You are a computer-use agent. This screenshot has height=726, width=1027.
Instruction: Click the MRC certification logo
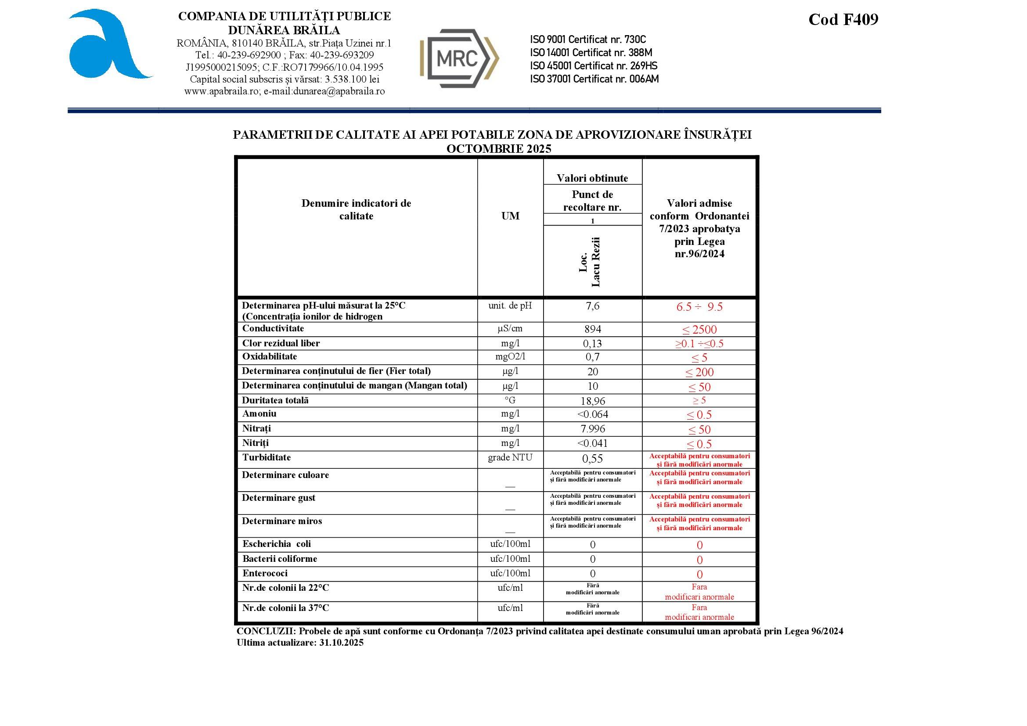point(459,58)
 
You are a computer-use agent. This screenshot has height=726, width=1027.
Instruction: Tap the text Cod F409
point(843,20)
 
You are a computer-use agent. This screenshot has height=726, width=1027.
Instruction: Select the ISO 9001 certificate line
point(588,40)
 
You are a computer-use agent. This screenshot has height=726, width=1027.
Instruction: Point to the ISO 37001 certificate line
point(594,79)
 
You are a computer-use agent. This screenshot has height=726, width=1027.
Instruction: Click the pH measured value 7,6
point(593,306)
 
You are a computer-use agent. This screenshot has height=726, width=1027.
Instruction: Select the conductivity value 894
point(593,330)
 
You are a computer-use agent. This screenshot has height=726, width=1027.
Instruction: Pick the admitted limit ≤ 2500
point(699,330)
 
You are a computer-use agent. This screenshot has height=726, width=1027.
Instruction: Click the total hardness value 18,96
point(593,401)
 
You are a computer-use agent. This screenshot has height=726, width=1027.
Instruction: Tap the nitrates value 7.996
point(593,429)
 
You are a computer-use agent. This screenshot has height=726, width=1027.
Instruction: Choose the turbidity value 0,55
point(593,459)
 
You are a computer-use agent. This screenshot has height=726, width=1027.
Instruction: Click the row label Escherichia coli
point(277,544)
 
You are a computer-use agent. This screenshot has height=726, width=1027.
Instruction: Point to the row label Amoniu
point(259,414)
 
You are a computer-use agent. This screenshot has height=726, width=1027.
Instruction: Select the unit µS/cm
point(510,329)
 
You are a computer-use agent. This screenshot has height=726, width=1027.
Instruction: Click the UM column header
point(510,216)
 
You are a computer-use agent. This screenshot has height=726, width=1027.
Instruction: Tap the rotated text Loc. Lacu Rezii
point(590,262)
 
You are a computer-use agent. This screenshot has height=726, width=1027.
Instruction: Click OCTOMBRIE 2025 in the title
point(498,149)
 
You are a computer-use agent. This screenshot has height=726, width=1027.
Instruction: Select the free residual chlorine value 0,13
point(593,344)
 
